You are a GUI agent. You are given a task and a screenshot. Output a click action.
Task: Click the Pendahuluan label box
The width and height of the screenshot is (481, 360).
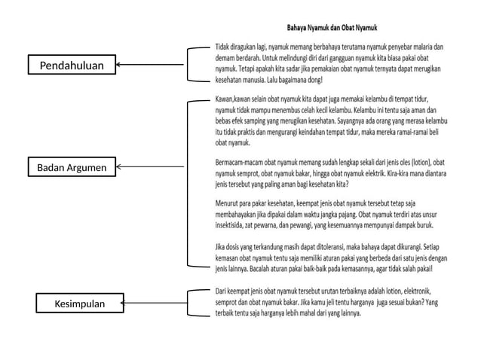tap(72, 66)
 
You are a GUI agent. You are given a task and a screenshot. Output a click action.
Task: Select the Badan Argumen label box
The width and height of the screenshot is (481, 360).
tap(72, 166)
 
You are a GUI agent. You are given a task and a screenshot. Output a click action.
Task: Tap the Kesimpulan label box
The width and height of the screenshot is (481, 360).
tap(80, 304)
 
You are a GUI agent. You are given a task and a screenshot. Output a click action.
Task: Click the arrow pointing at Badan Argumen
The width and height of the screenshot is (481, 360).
tap(151, 166)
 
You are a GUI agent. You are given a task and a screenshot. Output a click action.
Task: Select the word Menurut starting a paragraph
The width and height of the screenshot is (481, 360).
tap(229, 203)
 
